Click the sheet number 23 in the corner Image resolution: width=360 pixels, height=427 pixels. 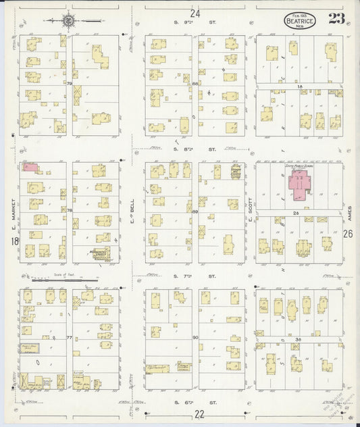tap(336, 18)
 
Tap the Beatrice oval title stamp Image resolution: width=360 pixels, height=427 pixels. tap(298, 20)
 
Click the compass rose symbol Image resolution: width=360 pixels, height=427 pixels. tap(70, 21)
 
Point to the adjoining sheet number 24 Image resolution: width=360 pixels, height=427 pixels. tap(195, 14)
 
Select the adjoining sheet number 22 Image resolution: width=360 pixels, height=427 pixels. tap(199, 413)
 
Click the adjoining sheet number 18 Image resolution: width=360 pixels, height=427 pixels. tap(14, 241)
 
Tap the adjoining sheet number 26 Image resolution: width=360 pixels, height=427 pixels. tap(347, 234)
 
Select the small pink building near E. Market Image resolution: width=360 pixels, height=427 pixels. tap(30, 167)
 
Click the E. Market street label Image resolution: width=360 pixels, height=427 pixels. tap(13, 210)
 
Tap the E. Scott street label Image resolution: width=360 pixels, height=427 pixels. tap(249, 211)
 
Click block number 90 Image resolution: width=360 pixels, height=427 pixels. tap(195, 337)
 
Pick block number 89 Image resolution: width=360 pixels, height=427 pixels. tap(195, 212)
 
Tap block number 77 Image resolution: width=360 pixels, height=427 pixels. tap(69, 336)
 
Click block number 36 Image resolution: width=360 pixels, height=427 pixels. tap(298, 339)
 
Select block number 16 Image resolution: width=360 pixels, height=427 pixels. tap(298, 87)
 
